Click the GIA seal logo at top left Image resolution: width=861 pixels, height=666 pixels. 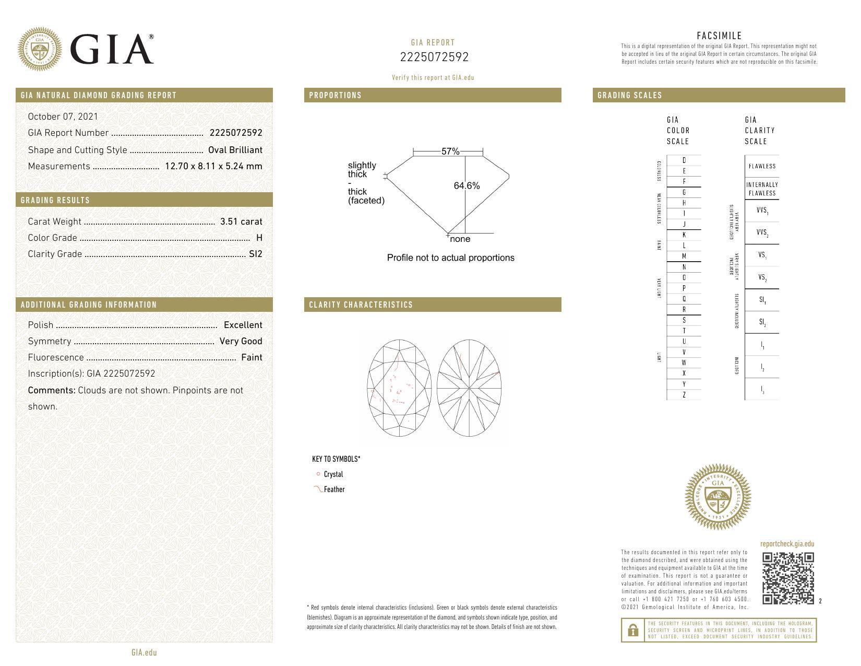40,49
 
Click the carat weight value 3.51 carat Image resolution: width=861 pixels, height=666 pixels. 241,221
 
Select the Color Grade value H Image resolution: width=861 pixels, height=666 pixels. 259,238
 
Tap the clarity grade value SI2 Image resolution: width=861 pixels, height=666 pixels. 256,254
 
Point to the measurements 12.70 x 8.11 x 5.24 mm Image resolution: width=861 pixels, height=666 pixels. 213,166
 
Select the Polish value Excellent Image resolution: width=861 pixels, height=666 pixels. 243,325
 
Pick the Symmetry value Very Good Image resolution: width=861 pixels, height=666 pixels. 241,341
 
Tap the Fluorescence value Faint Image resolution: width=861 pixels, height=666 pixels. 252,357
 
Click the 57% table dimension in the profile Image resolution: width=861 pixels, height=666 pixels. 450,151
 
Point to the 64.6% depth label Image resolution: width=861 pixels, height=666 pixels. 467,186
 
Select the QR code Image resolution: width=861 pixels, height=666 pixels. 788,578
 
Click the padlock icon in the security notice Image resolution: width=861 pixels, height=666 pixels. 632,630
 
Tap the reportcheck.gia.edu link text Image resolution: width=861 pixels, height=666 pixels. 787,544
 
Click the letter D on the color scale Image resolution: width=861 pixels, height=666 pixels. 684,160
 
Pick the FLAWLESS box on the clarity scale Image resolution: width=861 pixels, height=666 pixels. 762,166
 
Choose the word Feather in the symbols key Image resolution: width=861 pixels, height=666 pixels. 334,489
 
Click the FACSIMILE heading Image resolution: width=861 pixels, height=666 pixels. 719,36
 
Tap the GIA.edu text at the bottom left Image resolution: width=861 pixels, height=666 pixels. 144,652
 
